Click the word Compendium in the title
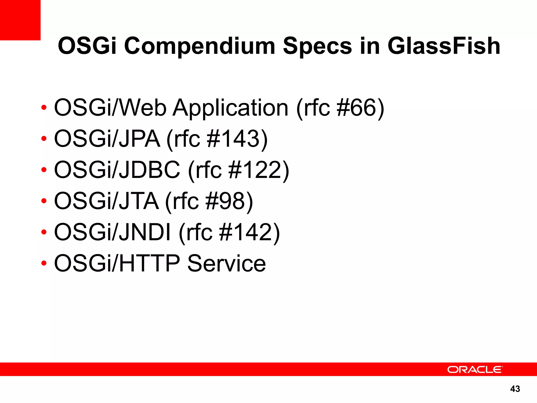point(199,46)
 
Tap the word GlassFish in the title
point(444,46)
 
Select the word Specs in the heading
point(317,46)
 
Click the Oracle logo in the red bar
point(475,369)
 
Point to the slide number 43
point(515,389)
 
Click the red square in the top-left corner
point(20,20)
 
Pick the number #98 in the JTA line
point(225,201)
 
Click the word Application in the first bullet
point(230,108)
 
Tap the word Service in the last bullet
point(227,263)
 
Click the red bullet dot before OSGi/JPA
point(44,139)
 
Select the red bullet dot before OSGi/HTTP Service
point(44,263)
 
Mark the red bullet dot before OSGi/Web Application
point(44,107)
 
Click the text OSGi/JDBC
point(117,170)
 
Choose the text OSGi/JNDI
point(112,232)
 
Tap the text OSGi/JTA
point(106,201)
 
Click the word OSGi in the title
point(87,46)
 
